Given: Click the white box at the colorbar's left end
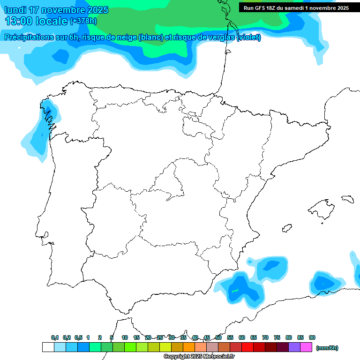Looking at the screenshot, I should [48, 347].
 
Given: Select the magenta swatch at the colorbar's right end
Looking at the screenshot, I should [306, 347].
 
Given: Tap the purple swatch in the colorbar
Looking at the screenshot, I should [294, 347].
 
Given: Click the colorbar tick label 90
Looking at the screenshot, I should [312, 337].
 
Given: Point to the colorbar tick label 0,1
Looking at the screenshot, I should [55, 337].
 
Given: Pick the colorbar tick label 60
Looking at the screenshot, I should [242, 337].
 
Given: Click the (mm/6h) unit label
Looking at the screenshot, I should [327, 348].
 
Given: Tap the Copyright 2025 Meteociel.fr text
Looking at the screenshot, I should [199, 357].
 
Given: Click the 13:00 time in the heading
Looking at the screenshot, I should [19, 21].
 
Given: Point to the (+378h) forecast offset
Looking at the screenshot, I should [83, 21].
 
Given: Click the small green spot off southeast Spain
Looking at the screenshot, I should [235, 291].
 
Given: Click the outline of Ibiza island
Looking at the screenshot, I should [286, 228].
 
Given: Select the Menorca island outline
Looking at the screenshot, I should [347, 199].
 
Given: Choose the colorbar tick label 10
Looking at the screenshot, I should [125, 337].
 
